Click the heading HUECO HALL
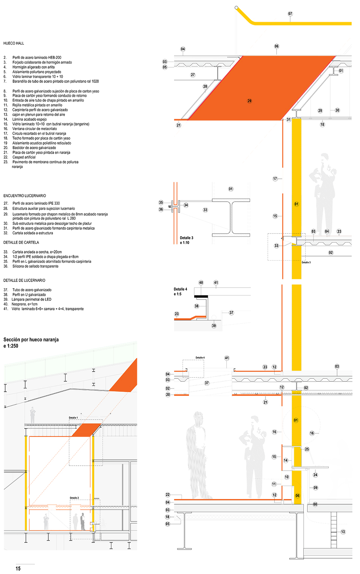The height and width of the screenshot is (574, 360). pos(14,43)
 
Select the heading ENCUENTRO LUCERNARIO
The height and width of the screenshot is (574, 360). pos(25,196)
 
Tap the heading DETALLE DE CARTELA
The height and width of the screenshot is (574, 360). pos(21,243)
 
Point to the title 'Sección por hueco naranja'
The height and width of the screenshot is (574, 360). pos(31,340)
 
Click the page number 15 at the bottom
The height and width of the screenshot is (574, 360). pos(18,569)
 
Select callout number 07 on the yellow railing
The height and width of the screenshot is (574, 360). pos(290,14)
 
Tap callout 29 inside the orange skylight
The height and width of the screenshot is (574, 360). pos(249,101)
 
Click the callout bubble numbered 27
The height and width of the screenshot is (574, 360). pos(193,75)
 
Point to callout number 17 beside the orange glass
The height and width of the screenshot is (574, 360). pos(275,179)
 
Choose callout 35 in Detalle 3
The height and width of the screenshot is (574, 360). pos(161,202)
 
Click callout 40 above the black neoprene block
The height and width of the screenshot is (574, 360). pos(201,283)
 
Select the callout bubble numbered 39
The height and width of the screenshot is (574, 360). pos(214,326)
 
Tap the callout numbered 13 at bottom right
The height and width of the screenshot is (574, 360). pos(343,532)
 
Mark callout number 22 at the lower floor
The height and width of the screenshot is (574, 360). pos(168,495)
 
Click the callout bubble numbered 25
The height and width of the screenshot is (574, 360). pos(307,449)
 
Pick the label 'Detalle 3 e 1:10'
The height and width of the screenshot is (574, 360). pos(187,240)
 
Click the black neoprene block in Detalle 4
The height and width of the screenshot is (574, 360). pos(201,296)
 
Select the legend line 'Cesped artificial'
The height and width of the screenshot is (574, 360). pos(24,157)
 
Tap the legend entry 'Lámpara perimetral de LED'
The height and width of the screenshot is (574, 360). pos(32,300)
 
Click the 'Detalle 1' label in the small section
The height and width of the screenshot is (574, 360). pos(73,418)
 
